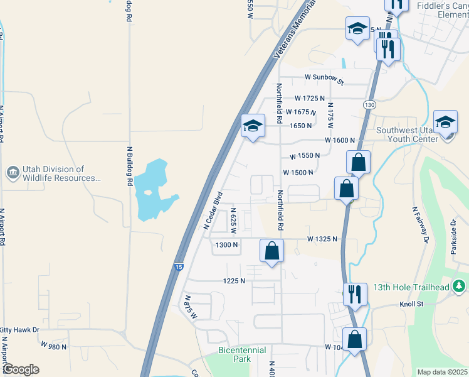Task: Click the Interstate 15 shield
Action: (180, 267)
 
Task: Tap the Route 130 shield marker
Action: (369, 104)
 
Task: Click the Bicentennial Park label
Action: (242, 354)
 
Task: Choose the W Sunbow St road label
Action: (324, 79)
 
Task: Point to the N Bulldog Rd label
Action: (130, 166)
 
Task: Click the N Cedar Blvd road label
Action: (213, 210)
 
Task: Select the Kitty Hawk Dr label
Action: (19, 330)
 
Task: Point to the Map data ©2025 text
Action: (441, 372)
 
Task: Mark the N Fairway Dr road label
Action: (419, 224)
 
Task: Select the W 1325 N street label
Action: (322, 239)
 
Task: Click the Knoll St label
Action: (413, 304)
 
